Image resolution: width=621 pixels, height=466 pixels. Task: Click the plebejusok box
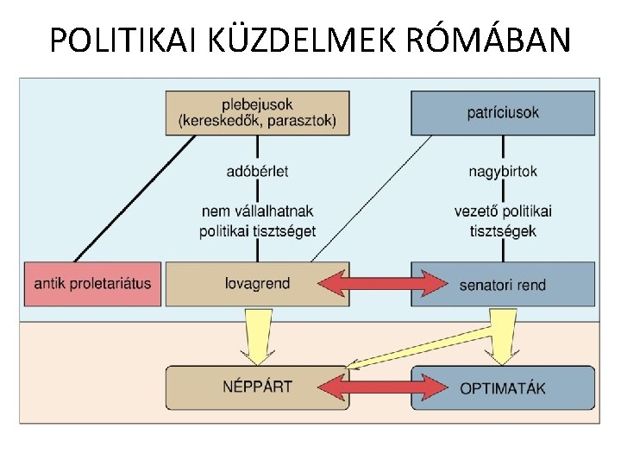[x=257, y=112]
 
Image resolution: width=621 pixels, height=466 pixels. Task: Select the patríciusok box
[x=503, y=112]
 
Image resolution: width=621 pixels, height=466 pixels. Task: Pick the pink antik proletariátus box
[x=92, y=283]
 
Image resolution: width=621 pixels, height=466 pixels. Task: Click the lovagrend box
[x=257, y=283]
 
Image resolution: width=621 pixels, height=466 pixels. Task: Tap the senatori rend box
[x=503, y=284]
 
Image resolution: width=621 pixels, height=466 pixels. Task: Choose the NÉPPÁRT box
[x=257, y=387]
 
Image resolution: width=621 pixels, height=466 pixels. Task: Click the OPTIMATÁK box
[x=503, y=387]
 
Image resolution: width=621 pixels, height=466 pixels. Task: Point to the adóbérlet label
[x=257, y=171]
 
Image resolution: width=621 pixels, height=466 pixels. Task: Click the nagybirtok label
[x=503, y=171]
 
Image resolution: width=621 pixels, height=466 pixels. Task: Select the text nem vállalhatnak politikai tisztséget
[x=257, y=220]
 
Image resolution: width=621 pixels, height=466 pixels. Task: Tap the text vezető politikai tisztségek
[x=503, y=220]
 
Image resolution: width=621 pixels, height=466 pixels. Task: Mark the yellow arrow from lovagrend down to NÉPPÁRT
[x=257, y=338]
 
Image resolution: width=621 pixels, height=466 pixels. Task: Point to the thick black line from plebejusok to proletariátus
[x=134, y=198]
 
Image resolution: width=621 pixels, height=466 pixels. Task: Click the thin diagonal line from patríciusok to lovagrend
[x=371, y=198]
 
